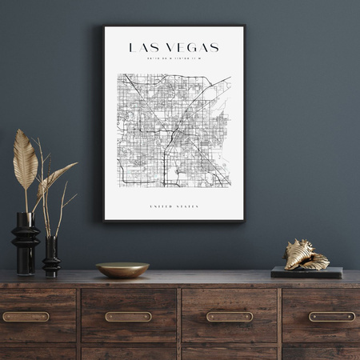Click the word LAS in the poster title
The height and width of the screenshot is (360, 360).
[143, 48]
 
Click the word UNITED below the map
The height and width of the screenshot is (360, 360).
[161, 206]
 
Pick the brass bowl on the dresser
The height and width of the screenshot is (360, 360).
[122, 270]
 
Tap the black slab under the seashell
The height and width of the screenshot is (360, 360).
[306, 272]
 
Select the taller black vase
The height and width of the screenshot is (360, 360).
[25, 243]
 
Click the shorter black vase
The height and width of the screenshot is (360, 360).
[51, 258]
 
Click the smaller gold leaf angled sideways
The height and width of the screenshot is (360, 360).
[56, 176]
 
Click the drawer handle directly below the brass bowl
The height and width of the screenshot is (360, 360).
[128, 316]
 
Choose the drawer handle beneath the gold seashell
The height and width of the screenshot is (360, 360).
[332, 316]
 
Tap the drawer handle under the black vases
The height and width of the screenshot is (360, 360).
[26, 316]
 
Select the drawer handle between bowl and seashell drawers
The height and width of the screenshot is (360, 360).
[230, 316]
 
